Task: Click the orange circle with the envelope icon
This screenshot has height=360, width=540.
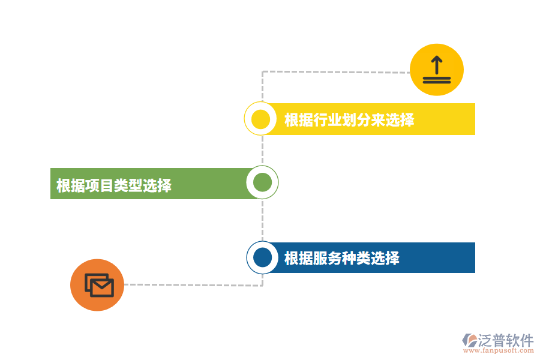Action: point(97,285)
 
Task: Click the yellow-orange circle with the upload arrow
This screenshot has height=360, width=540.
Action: point(436,70)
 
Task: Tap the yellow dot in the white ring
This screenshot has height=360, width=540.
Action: point(260,119)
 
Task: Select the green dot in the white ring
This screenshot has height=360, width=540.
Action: point(262,182)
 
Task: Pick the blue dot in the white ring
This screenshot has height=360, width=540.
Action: point(262,257)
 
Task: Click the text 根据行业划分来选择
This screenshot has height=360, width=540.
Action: point(349,119)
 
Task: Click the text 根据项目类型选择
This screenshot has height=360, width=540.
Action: point(113,185)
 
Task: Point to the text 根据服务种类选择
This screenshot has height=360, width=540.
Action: point(341,258)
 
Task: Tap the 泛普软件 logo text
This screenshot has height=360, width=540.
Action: point(506,340)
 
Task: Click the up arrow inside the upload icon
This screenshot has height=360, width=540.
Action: point(436,64)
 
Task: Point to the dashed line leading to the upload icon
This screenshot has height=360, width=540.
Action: point(336,72)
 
